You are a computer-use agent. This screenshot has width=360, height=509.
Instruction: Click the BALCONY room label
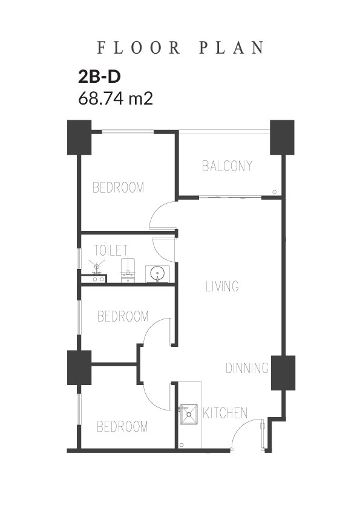[x=227, y=166]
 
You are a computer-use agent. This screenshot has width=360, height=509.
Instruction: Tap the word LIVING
[x=222, y=287]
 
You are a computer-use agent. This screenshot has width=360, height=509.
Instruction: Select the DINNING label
[x=247, y=368]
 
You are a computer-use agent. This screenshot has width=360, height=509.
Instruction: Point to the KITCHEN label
[x=225, y=413]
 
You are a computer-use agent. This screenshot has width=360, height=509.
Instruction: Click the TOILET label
[x=111, y=250]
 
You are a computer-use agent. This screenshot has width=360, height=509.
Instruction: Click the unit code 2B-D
[x=99, y=77]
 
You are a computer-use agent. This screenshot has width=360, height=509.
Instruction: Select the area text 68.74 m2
[x=116, y=98]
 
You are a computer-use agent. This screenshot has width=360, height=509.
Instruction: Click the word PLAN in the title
[x=231, y=48]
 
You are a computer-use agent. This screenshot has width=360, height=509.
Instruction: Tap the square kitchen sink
[x=189, y=414]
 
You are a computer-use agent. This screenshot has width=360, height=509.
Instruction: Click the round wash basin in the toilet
[x=157, y=274]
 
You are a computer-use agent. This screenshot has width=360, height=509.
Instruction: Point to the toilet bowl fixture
[x=128, y=270]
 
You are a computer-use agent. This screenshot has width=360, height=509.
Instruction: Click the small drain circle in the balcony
[x=275, y=192]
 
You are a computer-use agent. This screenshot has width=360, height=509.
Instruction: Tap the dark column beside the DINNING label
[x=283, y=372]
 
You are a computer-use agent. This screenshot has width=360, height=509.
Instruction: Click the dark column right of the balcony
[x=283, y=137]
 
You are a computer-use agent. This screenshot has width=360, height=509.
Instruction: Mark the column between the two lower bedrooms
[x=79, y=368]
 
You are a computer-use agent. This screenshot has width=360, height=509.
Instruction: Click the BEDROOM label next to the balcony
[x=118, y=187]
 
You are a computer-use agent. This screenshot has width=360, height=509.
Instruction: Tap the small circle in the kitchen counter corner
[x=182, y=445]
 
